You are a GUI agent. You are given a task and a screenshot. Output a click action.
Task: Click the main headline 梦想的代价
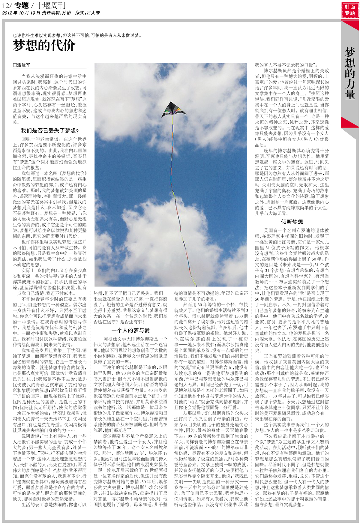pyautogui.click(x=44, y=46)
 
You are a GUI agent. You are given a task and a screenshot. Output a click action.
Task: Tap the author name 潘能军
pyautogui.click(x=24, y=65)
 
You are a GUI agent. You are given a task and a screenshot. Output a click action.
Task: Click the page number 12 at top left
pyautogui.click(x=6, y=5)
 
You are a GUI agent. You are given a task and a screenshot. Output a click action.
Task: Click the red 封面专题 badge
pyautogui.click(x=350, y=10)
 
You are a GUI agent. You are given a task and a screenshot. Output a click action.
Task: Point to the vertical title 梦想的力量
pyautogui.click(x=350, y=73)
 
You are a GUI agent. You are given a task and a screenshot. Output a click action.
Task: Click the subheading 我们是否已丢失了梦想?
pyautogui.click(x=49, y=130)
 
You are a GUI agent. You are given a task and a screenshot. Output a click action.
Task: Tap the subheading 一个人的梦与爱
pyautogui.click(x=130, y=330)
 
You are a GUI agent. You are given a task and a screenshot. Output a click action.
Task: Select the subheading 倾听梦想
pyautogui.click(x=292, y=222)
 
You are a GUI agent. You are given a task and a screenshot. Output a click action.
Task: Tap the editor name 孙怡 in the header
pyautogui.click(x=67, y=13)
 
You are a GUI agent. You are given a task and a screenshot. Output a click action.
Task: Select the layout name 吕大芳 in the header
pyautogui.click(x=93, y=13)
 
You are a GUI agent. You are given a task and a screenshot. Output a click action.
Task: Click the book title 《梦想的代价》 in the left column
pyautogui.click(x=73, y=173)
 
